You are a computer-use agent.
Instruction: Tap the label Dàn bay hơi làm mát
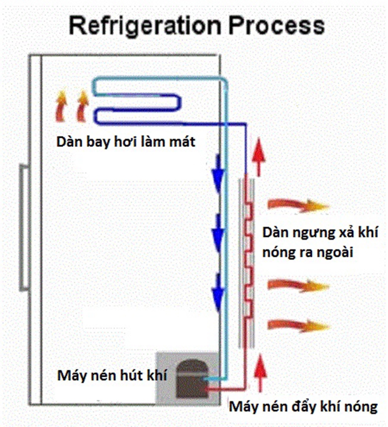click(125, 142)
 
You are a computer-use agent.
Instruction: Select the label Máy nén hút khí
click(112, 375)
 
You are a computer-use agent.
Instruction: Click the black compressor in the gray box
click(191, 378)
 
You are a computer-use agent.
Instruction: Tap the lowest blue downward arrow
click(217, 294)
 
